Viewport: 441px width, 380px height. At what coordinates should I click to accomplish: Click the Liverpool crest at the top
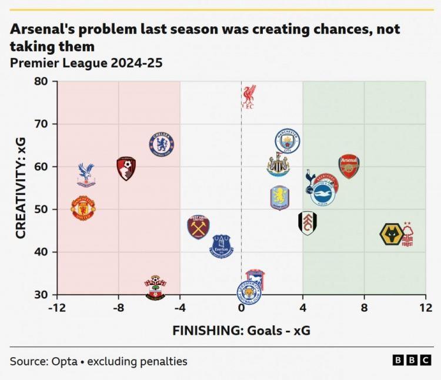pyautogui.click(x=249, y=97)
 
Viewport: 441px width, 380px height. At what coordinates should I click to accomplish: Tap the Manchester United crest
pyautogui.click(x=83, y=209)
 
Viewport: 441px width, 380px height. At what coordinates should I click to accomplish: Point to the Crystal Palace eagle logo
pyautogui.click(x=86, y=174)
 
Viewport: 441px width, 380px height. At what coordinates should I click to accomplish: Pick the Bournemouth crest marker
pyautogui.click(x=126, y=168)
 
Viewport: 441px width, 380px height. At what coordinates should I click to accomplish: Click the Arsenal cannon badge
pyautogui.click(x=349, y=167)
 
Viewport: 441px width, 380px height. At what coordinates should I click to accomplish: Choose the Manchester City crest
pyautogui.click(x=288, y=141)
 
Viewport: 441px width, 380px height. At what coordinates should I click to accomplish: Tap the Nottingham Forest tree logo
pyautogui.click(x=407, y=234)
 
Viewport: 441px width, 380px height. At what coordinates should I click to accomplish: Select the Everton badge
pyautogui.click(x=222, y=246)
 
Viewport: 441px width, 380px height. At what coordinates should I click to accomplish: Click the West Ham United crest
pyautogui.click(x=198, y=227)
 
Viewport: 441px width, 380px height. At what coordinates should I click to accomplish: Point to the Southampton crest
pyautogui.click(x=155, y=288)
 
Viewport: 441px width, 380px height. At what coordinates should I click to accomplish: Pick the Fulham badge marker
pyautogui.click(x=308, y=223)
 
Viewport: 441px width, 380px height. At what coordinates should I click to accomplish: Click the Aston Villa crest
pyautogui.click(x=280, y=198)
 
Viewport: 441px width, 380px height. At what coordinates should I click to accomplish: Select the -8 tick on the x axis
pyautogui.click(x=118, y=308)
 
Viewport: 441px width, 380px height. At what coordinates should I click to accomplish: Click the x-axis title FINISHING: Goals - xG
pyautogui.click(x=241, y=331)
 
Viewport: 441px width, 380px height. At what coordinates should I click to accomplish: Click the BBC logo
pyautogui.click(x=412, y=361)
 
